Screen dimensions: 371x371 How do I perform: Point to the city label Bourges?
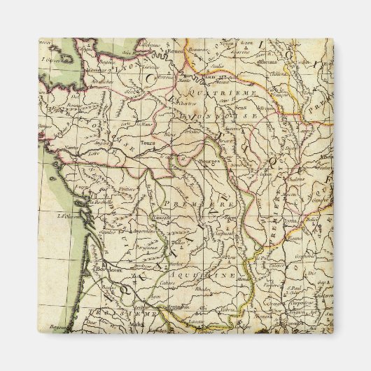point(211,162)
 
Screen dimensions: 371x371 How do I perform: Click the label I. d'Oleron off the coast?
point(66,215)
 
